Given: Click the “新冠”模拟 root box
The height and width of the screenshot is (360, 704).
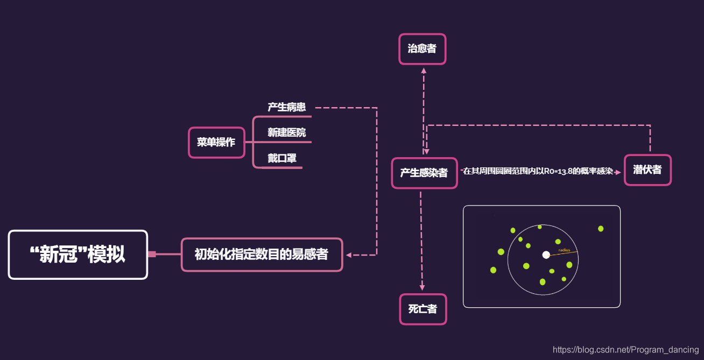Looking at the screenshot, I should coord(78,255).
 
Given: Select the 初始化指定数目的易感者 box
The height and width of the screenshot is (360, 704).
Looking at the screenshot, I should coord(262,255).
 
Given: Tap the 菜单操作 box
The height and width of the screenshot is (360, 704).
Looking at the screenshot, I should coord(216,143).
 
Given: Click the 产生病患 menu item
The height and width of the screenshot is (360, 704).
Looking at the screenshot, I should coord(286,107).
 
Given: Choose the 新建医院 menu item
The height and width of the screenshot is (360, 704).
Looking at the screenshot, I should coord(286,132).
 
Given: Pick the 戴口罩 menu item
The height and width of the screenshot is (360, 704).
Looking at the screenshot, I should coord(282,158).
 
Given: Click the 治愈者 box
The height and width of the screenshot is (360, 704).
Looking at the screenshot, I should coord(422,49).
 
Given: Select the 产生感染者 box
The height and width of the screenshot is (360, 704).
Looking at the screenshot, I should coord(424,173).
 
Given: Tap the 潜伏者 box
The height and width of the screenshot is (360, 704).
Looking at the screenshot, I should coord(647,170).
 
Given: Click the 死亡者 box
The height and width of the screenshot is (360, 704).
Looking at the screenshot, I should coord(423,309).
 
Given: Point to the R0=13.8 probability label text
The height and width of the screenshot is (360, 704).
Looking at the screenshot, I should coord(538,171).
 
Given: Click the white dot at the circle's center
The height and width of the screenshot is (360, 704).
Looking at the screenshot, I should coord(546,255).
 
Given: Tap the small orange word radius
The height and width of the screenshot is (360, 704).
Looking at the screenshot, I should coord(564,250).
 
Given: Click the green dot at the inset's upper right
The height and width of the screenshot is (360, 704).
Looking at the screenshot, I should coord(601,229).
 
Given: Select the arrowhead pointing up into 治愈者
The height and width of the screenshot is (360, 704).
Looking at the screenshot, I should coord(424,70).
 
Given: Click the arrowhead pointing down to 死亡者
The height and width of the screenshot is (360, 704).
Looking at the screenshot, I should coord(423,288).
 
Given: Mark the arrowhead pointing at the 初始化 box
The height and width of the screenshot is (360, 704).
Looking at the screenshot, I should coord(349,255).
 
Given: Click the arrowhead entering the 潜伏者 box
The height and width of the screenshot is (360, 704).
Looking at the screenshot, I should coord(617,172).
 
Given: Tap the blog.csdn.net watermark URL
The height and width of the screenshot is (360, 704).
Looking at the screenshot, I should coord(625,350).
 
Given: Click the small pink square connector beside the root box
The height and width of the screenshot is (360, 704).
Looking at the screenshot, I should coord(152,255).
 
